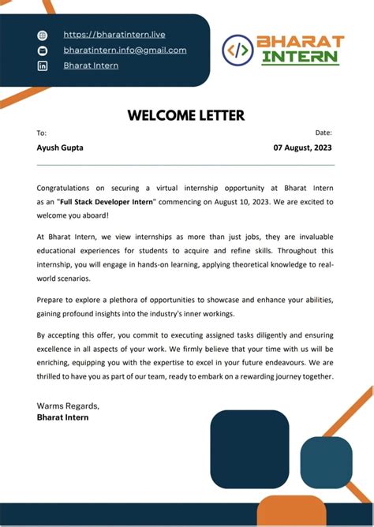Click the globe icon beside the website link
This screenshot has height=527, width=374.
click(x=43, y=35)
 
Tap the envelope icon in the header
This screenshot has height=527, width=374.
click(x=43, y=50)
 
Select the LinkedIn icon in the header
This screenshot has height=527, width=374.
click(x=43, y=66)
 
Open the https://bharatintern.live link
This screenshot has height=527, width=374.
click(x=114, y=35)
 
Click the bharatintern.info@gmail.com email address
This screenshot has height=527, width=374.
click(x=125, y=50)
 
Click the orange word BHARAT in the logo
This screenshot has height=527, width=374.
click(x=301, y=42)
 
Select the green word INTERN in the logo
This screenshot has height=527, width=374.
click(x=301, y=58)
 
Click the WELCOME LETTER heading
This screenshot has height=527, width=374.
click(x=186, y=115)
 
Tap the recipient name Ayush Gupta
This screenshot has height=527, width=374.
click(x=60, y=148)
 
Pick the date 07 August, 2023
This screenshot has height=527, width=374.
click(x=303, y=148)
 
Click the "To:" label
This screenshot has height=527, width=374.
click(x=42, y=133)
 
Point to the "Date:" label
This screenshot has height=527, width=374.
click(x=324, y=133)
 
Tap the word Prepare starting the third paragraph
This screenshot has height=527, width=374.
click(x=52, y=300)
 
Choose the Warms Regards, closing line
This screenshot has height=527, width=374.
click(x=68, y=406)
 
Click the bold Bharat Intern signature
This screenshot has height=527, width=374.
click(x=62, y=417)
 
